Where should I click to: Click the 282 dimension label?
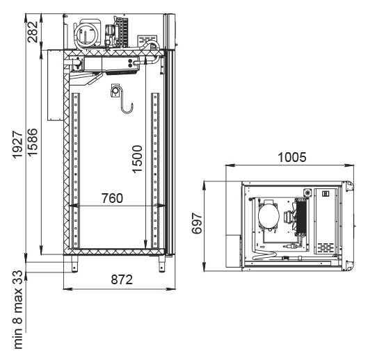tap(33, 32)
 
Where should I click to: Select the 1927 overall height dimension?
tap(17, 145)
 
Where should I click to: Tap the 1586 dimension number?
tap(33, 142)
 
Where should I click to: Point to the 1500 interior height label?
tap(137, 159)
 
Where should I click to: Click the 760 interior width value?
tap(112, 198)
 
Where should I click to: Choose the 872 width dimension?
tap(122, 279)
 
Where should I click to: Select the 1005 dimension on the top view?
tap(292, 157)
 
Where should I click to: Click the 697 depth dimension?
tap(197, 224)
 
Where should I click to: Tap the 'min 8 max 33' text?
tap(18, 309)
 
